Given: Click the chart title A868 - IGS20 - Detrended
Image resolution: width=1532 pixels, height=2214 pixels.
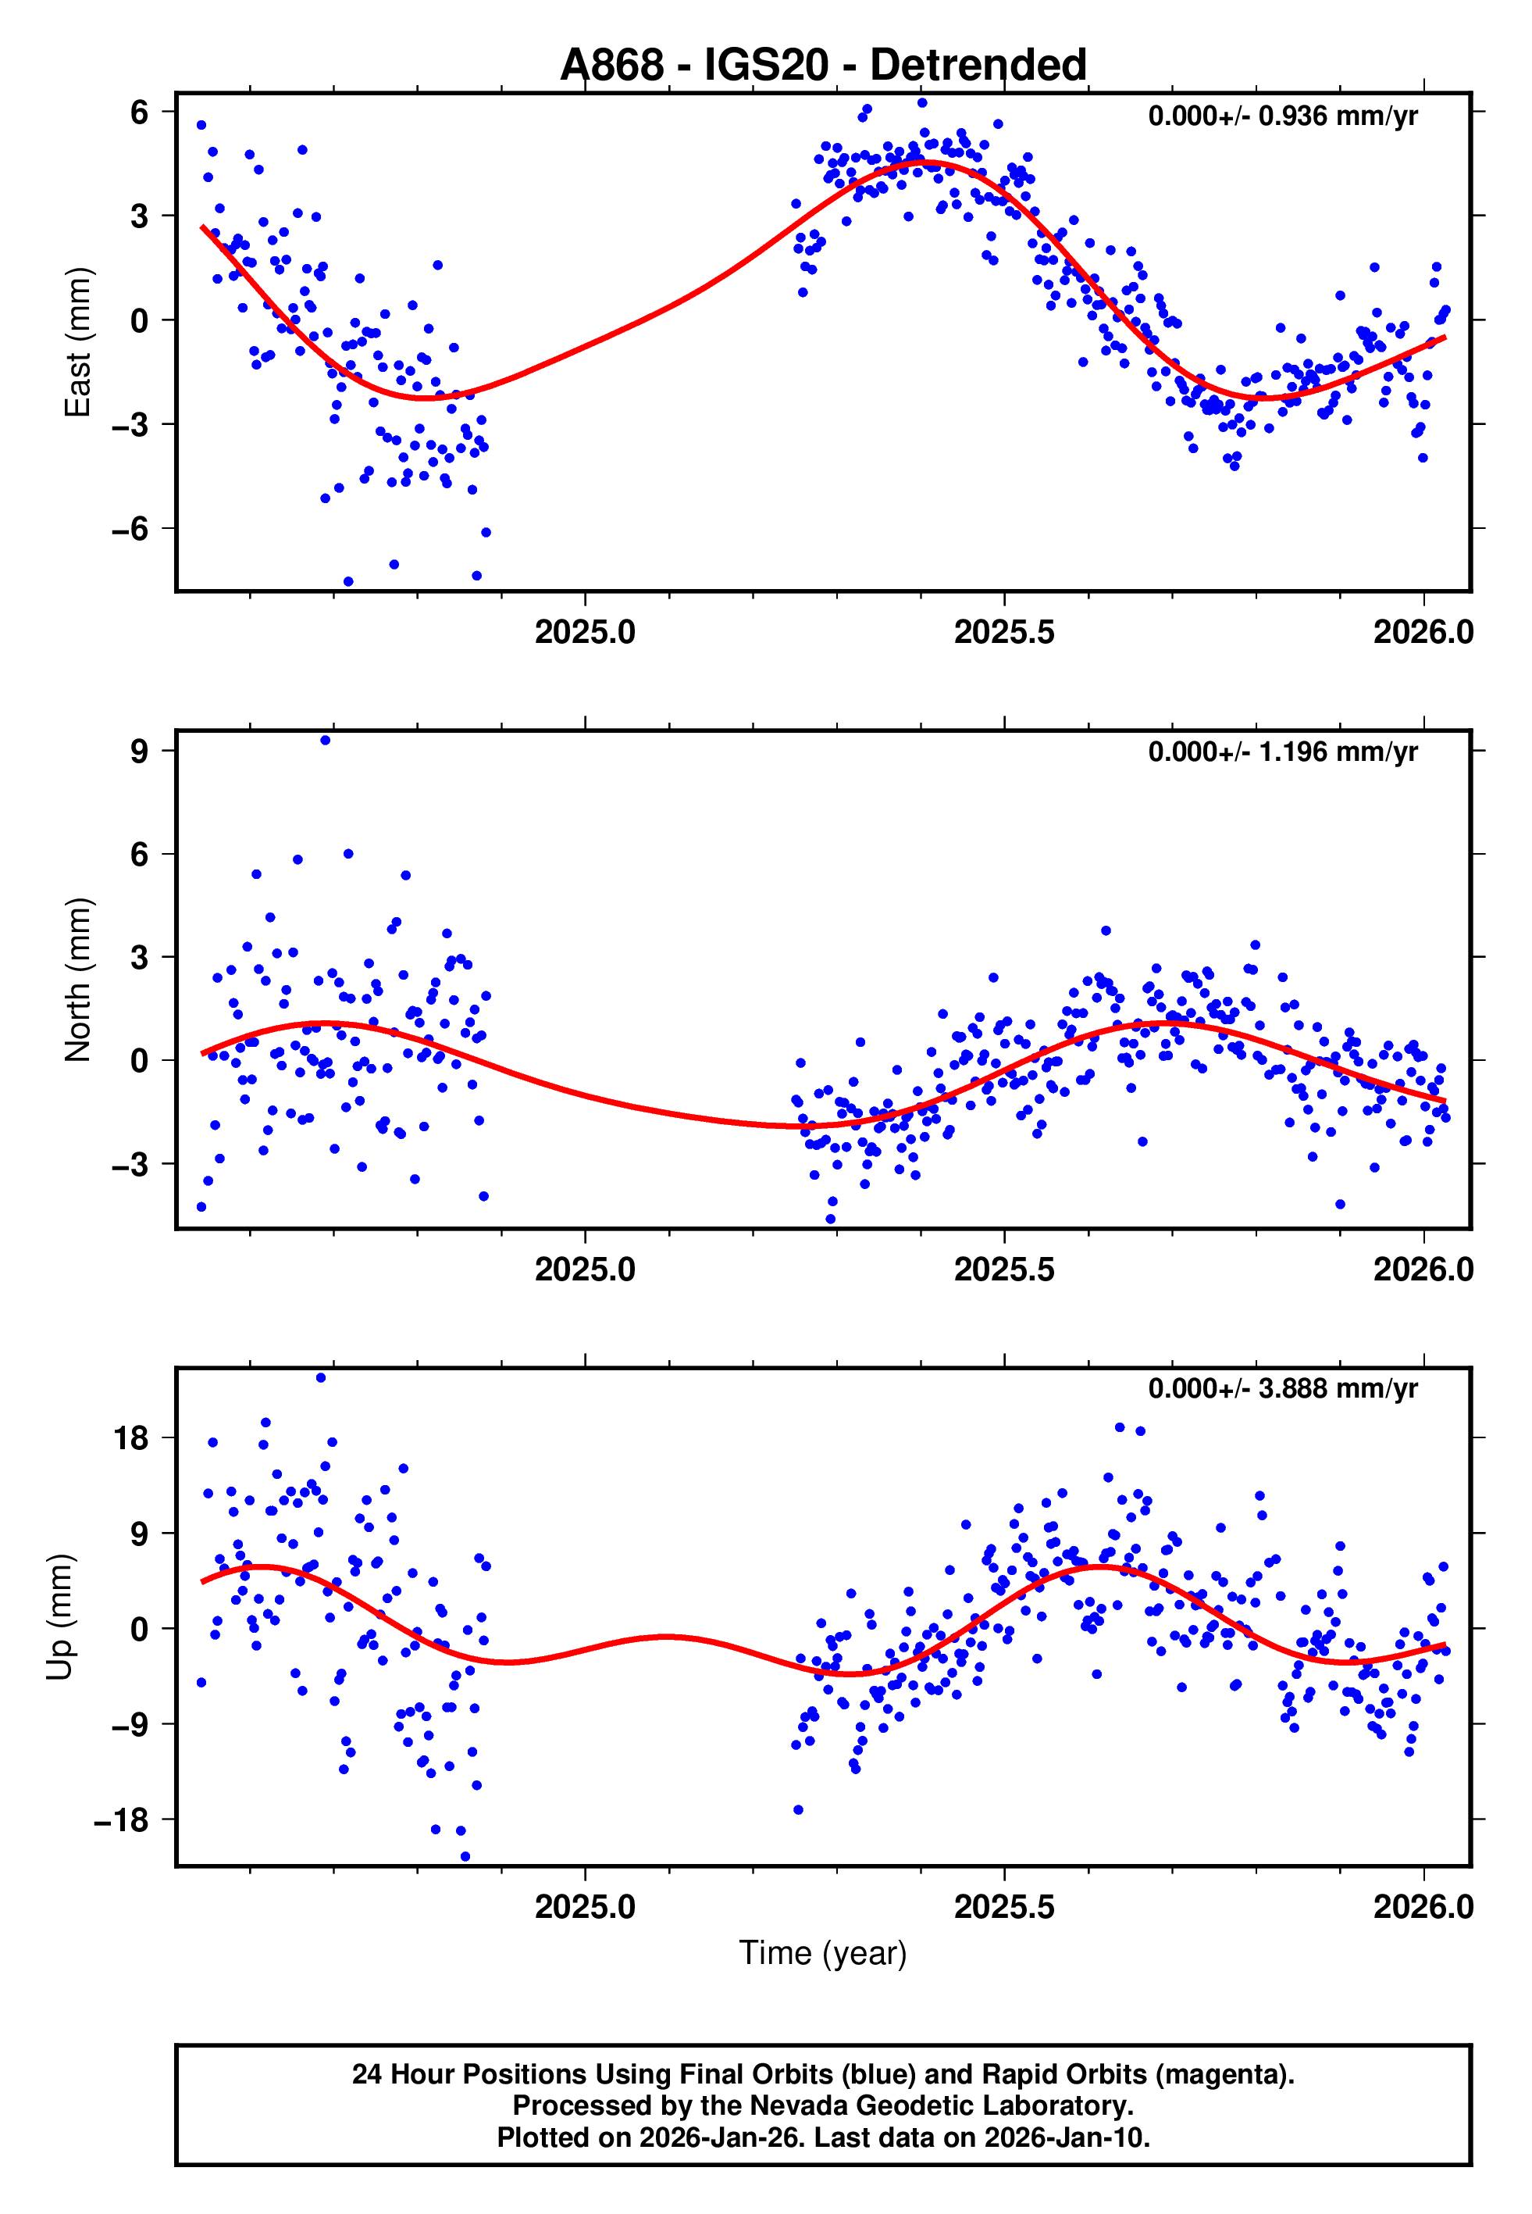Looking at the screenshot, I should point(823,66).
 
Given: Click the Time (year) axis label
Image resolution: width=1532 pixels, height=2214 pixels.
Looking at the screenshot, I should point(823,1952).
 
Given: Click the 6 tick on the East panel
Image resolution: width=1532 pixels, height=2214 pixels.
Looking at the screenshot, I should point(140,112).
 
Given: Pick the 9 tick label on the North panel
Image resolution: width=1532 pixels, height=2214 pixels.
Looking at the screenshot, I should point(140,751).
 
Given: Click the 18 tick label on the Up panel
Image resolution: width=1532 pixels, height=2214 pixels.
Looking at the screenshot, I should point(131,1438).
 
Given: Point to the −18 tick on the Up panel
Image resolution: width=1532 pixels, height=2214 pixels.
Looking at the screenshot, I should point(121,1819).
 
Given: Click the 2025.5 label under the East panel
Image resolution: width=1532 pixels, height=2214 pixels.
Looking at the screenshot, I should point(1004,633).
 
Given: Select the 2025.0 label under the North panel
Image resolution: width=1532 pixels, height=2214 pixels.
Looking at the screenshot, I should point(585,1269).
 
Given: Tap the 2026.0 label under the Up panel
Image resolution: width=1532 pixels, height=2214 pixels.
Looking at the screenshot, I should point(1423,1906).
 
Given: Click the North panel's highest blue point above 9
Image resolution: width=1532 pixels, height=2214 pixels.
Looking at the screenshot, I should point(326,741).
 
